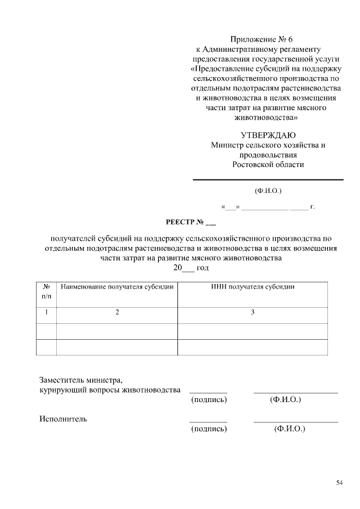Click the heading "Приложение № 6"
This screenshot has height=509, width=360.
click(x=262, y=39)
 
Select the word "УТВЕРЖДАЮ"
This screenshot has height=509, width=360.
click(x=268, y=135)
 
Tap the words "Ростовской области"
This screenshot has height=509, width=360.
click(x=268, y=164)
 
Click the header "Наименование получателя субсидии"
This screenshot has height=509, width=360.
click(x=117, y=287)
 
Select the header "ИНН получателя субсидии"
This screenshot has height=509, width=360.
click(x=253, y=287)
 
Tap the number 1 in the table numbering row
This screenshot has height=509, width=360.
click(x=46, y=312)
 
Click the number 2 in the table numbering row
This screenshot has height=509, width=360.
click(x=117, y=312)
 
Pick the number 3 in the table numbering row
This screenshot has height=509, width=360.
click(x=253, y=312)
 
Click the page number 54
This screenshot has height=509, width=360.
click(x=339, y=483)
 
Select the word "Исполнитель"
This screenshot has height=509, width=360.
click(x=63, y=419)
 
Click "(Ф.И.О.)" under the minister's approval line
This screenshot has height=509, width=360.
click(x=268, y=191)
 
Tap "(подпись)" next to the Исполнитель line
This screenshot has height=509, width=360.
click(x=209, y=429)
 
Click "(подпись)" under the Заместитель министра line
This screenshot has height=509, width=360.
click(x=209, y=400)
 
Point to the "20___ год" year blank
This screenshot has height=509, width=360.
click(x=191, y=268)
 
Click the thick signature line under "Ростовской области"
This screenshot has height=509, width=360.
click(x=268, y=180)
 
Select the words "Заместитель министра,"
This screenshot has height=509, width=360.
click(x=80, y=380)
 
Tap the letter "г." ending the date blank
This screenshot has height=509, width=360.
click(x=312, y=208)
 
